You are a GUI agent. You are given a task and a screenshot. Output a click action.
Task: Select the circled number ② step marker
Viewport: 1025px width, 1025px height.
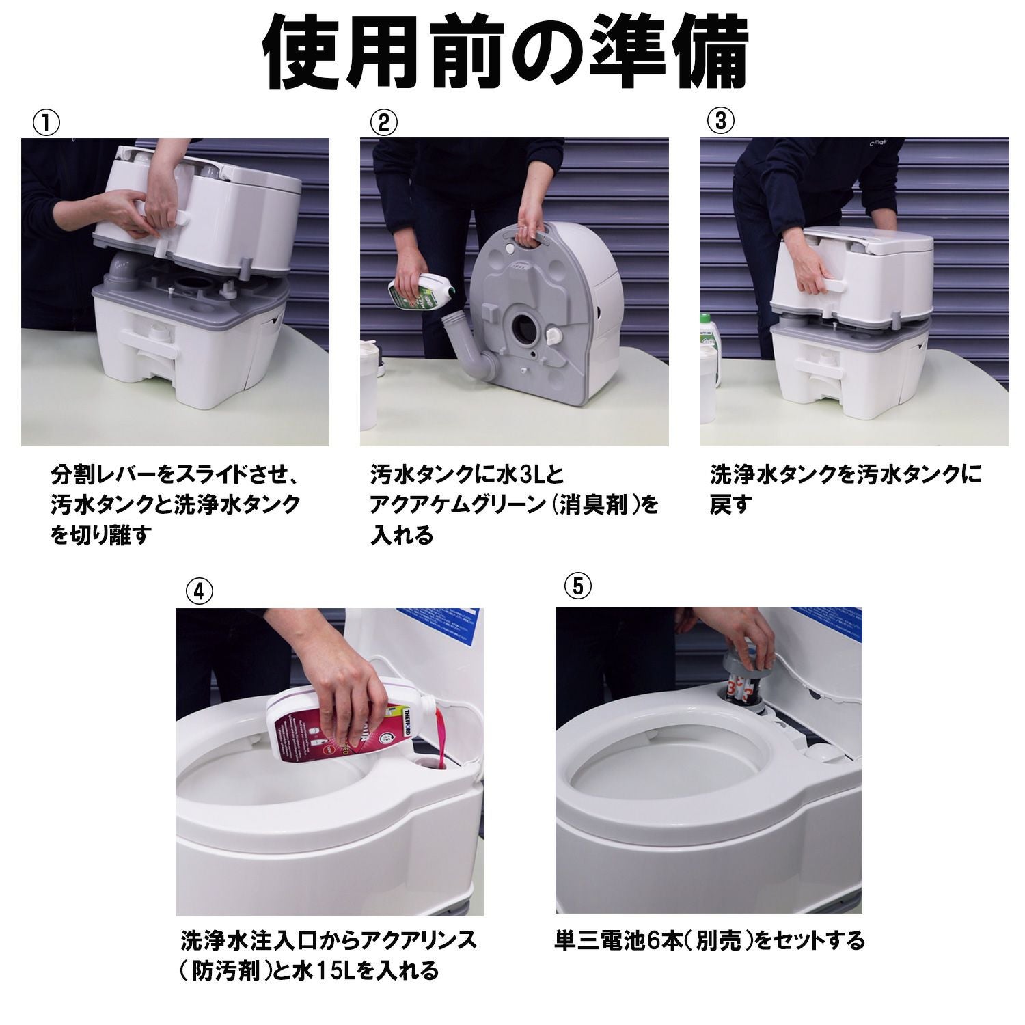[383, 122]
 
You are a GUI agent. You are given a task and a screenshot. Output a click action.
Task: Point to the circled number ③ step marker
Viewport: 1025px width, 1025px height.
[721, 121]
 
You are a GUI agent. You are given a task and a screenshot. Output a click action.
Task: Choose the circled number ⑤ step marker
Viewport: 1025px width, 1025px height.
[578, 586]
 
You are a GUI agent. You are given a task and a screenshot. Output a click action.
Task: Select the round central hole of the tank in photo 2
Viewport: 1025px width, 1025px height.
[525, 329]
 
